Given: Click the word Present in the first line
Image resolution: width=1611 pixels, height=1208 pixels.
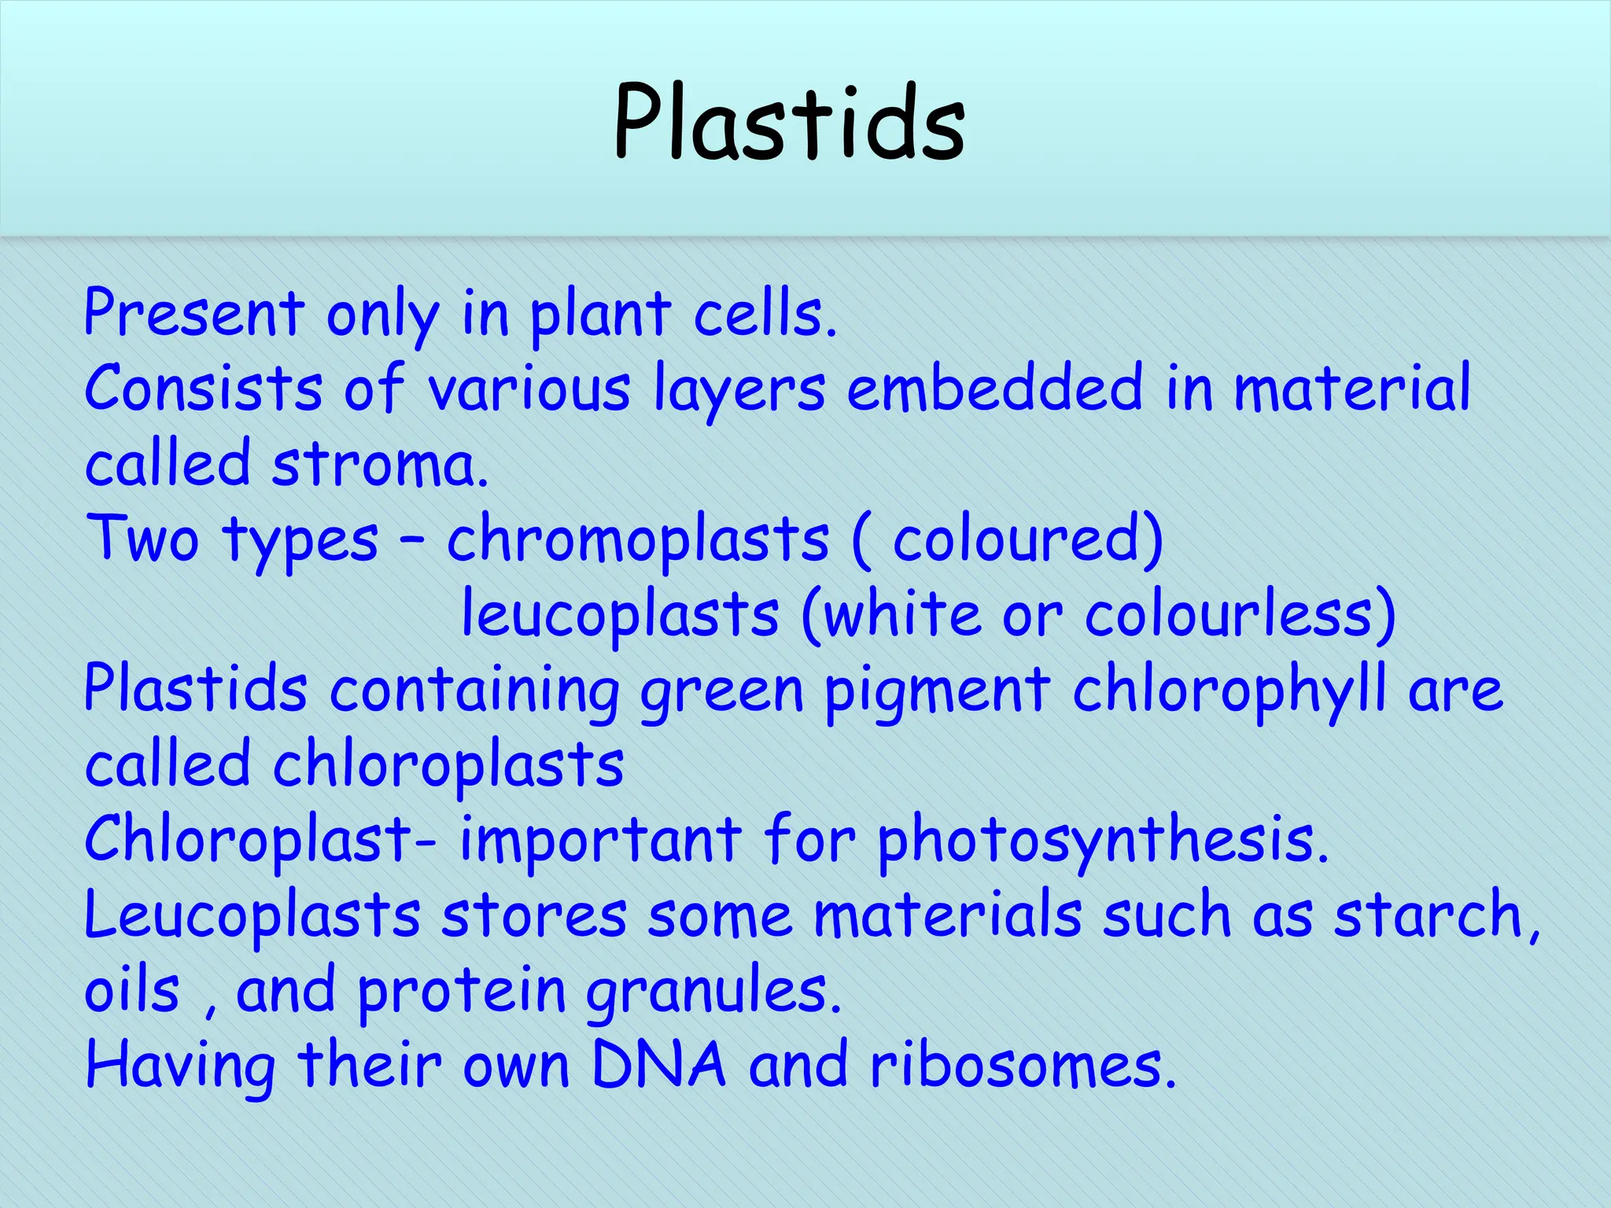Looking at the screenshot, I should pos(194,314).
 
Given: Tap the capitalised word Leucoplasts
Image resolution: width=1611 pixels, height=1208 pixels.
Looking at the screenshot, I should pos(253,916).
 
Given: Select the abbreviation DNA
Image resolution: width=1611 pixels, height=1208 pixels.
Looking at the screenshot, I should pos(658,1066).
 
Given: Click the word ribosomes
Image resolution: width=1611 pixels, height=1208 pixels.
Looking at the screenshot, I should pos(1023,1066).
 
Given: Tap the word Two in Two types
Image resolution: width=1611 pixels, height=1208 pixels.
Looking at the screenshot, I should pos(142,540).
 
